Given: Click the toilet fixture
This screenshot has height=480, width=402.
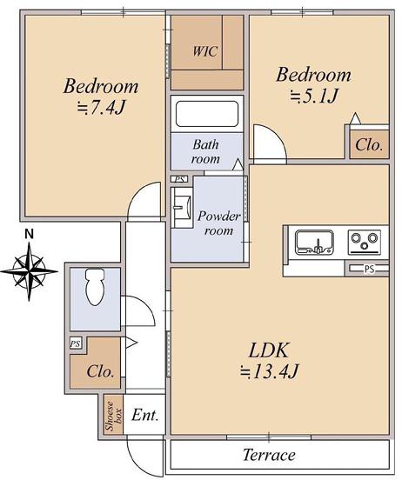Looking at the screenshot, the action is [95, 287].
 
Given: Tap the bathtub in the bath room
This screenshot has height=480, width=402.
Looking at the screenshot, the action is [207, 114].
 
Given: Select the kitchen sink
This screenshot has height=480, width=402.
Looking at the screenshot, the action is [314, 242].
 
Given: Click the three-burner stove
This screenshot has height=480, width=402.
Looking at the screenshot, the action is [365, 242].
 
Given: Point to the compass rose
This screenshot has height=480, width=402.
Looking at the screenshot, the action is [29, 271].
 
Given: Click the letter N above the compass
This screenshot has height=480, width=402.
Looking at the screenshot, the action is [29, 234].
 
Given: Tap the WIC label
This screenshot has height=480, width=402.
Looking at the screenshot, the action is [205, 51].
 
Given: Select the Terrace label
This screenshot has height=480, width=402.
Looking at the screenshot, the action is [270, 455].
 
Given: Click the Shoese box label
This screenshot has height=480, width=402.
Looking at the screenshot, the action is [114, 416].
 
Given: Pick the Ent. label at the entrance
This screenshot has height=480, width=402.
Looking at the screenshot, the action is [145, 416].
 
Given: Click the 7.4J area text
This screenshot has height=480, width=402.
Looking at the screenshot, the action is [102, 108].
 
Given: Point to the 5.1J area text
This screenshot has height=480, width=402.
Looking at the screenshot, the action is [314, 97].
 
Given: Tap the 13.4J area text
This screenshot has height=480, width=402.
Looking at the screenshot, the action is [269, 371].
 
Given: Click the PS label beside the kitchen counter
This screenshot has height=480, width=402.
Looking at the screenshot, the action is [369, 269].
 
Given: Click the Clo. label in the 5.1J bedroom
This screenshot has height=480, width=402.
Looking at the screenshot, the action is [369, 145].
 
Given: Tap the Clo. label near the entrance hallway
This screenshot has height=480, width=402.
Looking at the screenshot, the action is [101, 371].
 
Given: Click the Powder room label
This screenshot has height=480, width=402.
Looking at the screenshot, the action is [218, 223].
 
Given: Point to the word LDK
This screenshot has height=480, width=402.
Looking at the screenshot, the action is [269, 350].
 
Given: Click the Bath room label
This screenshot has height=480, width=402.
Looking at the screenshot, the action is [205, 151].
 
